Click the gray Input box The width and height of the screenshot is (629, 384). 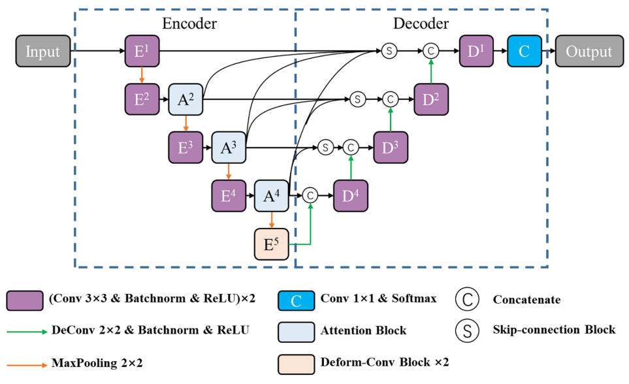coord(42,52)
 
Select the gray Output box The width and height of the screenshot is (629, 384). coord(589,52)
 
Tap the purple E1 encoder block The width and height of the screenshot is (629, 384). coord(142,52)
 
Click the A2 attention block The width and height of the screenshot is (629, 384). coord(185,100)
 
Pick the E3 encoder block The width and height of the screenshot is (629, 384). coord(185,148)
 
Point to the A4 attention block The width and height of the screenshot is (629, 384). coord(271,195)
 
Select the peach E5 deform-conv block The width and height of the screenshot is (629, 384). coord(271,244)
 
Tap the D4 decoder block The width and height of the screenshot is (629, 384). coord(350,195)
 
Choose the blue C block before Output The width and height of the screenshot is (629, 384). coord(524,52)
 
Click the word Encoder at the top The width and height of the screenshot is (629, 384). coord(189,24)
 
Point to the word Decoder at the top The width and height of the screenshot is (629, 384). coord(421,24)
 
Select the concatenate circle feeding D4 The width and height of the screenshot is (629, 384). coord(310,195)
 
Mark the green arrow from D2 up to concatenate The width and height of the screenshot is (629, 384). coord(430,71)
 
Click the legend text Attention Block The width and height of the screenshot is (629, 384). coord(363,330)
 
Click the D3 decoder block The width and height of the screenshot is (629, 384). coord(391,148)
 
